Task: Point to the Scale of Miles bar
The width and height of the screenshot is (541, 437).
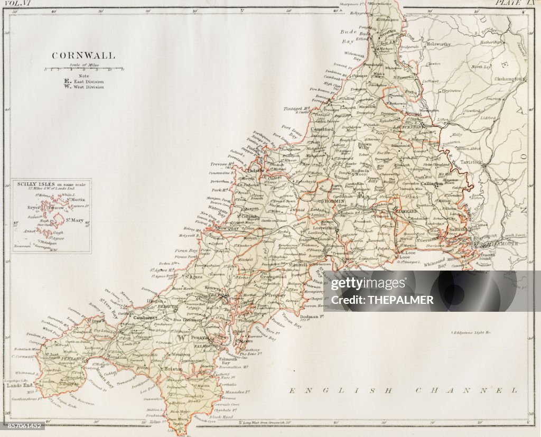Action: (x=84, y=69)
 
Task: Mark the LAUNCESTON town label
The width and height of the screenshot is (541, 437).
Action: (x=407, y=127)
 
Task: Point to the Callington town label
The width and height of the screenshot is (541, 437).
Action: (x=431, y=183)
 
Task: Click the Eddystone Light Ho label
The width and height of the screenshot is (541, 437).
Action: (x=471, y=332)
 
